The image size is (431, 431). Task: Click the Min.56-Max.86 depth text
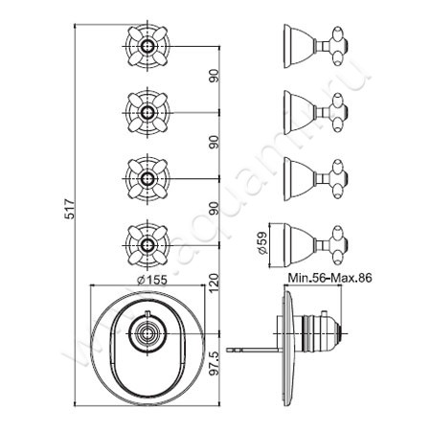pos(329,279)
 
